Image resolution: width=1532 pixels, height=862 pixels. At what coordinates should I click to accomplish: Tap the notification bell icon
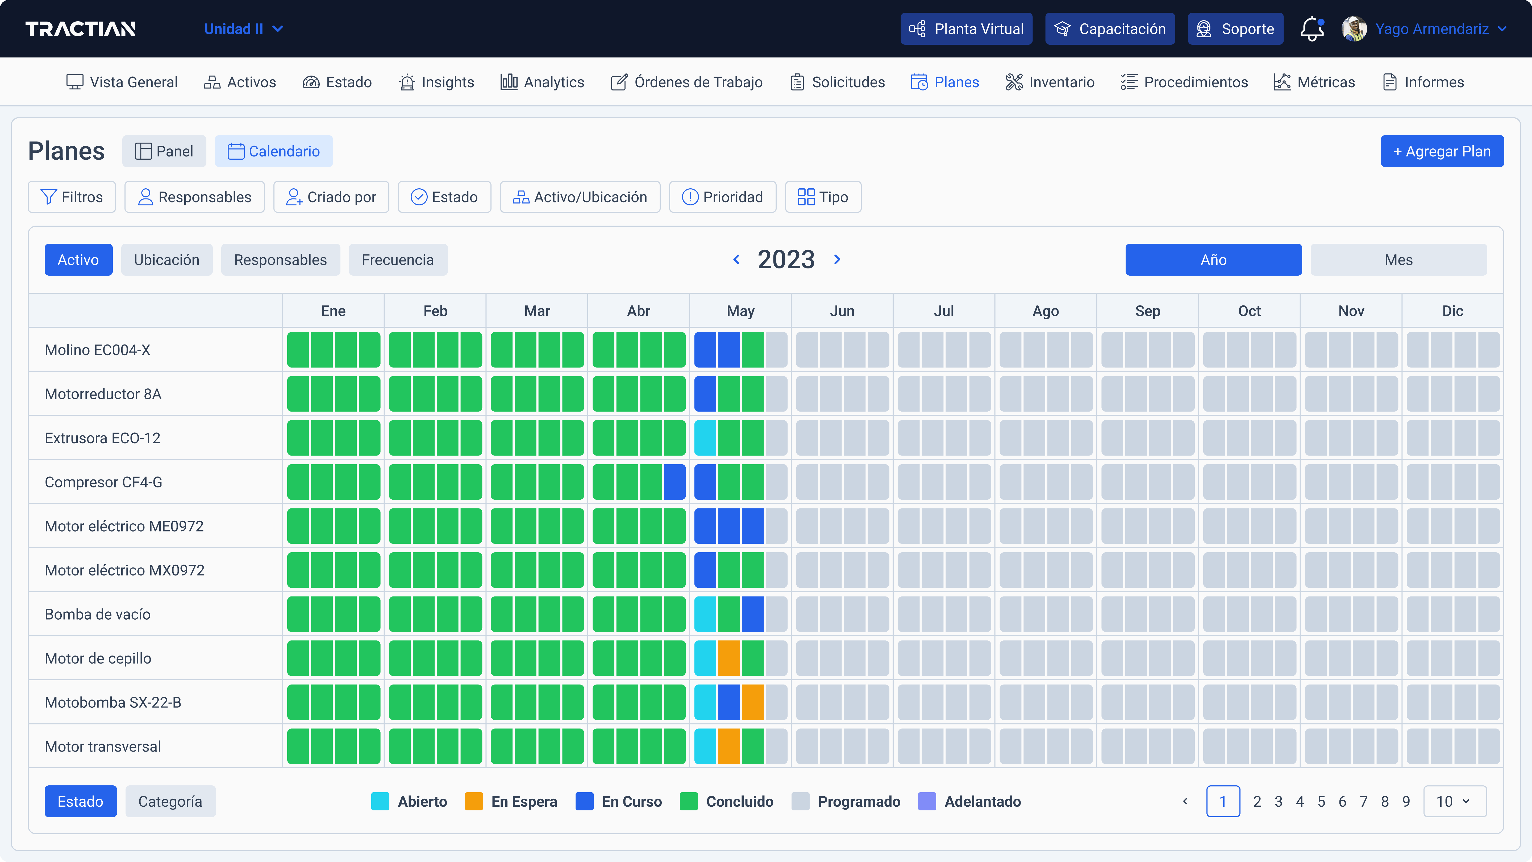click(1311, 29)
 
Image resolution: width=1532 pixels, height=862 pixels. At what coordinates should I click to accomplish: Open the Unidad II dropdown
click(243, 29)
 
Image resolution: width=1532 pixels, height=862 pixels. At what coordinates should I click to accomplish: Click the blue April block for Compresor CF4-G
click(675, 482)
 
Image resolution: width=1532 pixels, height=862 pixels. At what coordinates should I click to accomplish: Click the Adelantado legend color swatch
click(927, 801)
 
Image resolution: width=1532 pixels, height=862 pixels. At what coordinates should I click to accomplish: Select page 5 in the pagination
click(1321, 801)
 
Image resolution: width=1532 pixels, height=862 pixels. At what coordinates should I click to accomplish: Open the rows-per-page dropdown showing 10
click(1454, 801)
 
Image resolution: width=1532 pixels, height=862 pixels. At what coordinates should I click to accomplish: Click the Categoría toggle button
click(170, 801)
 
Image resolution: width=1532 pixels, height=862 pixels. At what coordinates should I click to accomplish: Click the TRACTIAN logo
click(80, 29)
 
